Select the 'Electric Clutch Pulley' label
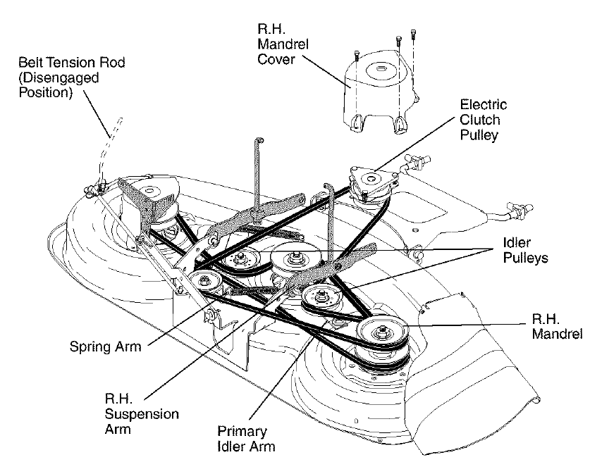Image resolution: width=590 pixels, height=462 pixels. click(483, 120)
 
